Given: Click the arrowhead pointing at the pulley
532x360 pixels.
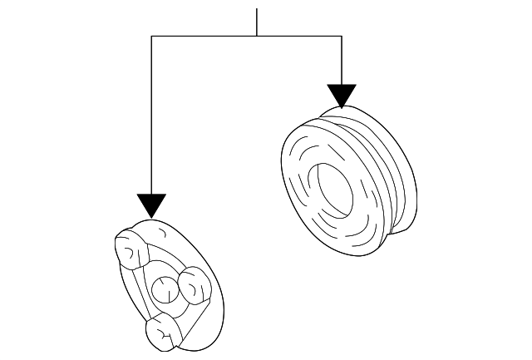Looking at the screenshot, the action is [x=342, y=95].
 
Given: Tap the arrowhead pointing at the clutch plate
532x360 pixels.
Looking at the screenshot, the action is [x=151, y=205].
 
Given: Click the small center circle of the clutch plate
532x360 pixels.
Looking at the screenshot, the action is [x=164, y=289].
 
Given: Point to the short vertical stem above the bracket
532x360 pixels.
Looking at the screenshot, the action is [x=257, y=22].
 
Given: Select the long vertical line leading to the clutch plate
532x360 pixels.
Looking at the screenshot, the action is [x=151, y=116].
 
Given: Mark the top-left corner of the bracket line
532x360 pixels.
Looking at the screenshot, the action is [x=151, y=36].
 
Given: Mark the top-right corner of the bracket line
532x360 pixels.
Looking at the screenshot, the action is [x=342, y=36].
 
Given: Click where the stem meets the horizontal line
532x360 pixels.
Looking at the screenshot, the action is [x=257, y=36].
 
